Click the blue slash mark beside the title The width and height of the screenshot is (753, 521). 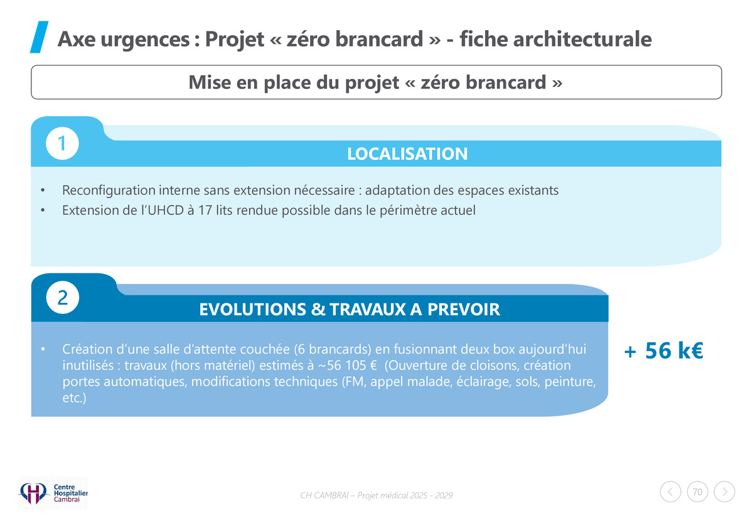[x=39, y=37]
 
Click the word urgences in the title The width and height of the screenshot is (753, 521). [x=145, y=39]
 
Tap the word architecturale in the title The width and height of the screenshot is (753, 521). [x=582, y=39]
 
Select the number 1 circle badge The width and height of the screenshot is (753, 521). [x=62, y=144]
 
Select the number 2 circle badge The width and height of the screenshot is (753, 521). [x=63, y=297]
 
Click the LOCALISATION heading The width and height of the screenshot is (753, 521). [x=407, y=154]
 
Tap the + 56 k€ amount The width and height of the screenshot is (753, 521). [x=663, y=350]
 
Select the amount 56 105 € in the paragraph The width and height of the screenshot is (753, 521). [x=351, y=365]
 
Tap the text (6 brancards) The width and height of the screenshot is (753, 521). [x=333, y=349]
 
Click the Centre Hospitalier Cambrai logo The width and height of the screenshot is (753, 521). [x=53, y=493]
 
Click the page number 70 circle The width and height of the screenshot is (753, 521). [x=697, y=492]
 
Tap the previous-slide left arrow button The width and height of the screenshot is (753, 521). [x=670, y=492]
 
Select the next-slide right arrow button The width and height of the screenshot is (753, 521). [x=724, y=492]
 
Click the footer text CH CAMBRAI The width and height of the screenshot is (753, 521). [x=324, y=495]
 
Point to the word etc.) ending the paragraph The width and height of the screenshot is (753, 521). [x=74, y=398]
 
